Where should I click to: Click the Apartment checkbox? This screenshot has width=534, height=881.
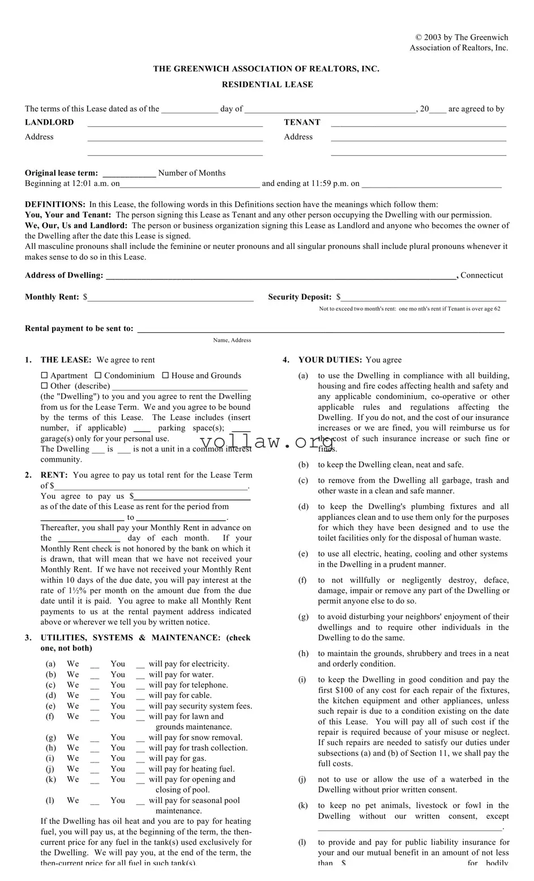tap(45, 375)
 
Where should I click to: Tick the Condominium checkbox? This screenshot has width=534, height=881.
tap(98, 375)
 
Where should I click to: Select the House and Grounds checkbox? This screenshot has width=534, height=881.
tap(165, 375)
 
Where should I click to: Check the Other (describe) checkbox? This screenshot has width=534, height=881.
tap(45, 386)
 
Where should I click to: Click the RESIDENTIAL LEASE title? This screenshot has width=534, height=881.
tap(267, 84)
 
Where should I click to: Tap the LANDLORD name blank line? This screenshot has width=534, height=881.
tap(175, 123)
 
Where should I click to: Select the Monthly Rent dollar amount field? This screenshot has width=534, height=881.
tap(170, 298)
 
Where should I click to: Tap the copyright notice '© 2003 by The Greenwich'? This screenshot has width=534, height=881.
tap(462, 37)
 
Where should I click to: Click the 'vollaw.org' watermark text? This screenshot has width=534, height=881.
tap(266, 442)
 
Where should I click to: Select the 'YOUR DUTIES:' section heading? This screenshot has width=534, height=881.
tap(330, 360)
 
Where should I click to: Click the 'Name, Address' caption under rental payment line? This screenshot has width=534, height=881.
tap(232, 340)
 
